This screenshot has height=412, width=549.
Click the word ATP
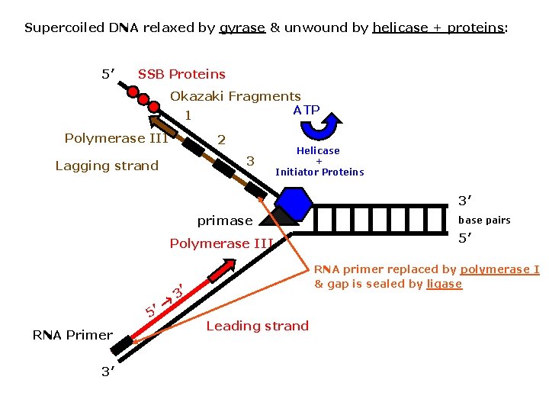(307, 110)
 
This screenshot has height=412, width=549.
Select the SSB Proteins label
(181, 74)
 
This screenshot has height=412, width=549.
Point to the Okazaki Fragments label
(235, 96)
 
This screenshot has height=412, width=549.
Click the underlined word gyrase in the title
(242, 28)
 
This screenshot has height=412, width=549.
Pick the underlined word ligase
(444, 284)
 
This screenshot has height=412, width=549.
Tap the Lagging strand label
(107, 166)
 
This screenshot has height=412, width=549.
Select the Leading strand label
(258, 326)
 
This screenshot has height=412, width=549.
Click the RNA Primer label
(72, 334)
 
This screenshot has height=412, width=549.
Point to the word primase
(224, 220)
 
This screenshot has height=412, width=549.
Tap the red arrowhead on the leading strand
(224, 268)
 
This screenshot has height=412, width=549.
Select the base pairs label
(483, 220)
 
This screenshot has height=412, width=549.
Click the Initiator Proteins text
(319, 172)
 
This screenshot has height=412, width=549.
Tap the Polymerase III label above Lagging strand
(116, 138)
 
